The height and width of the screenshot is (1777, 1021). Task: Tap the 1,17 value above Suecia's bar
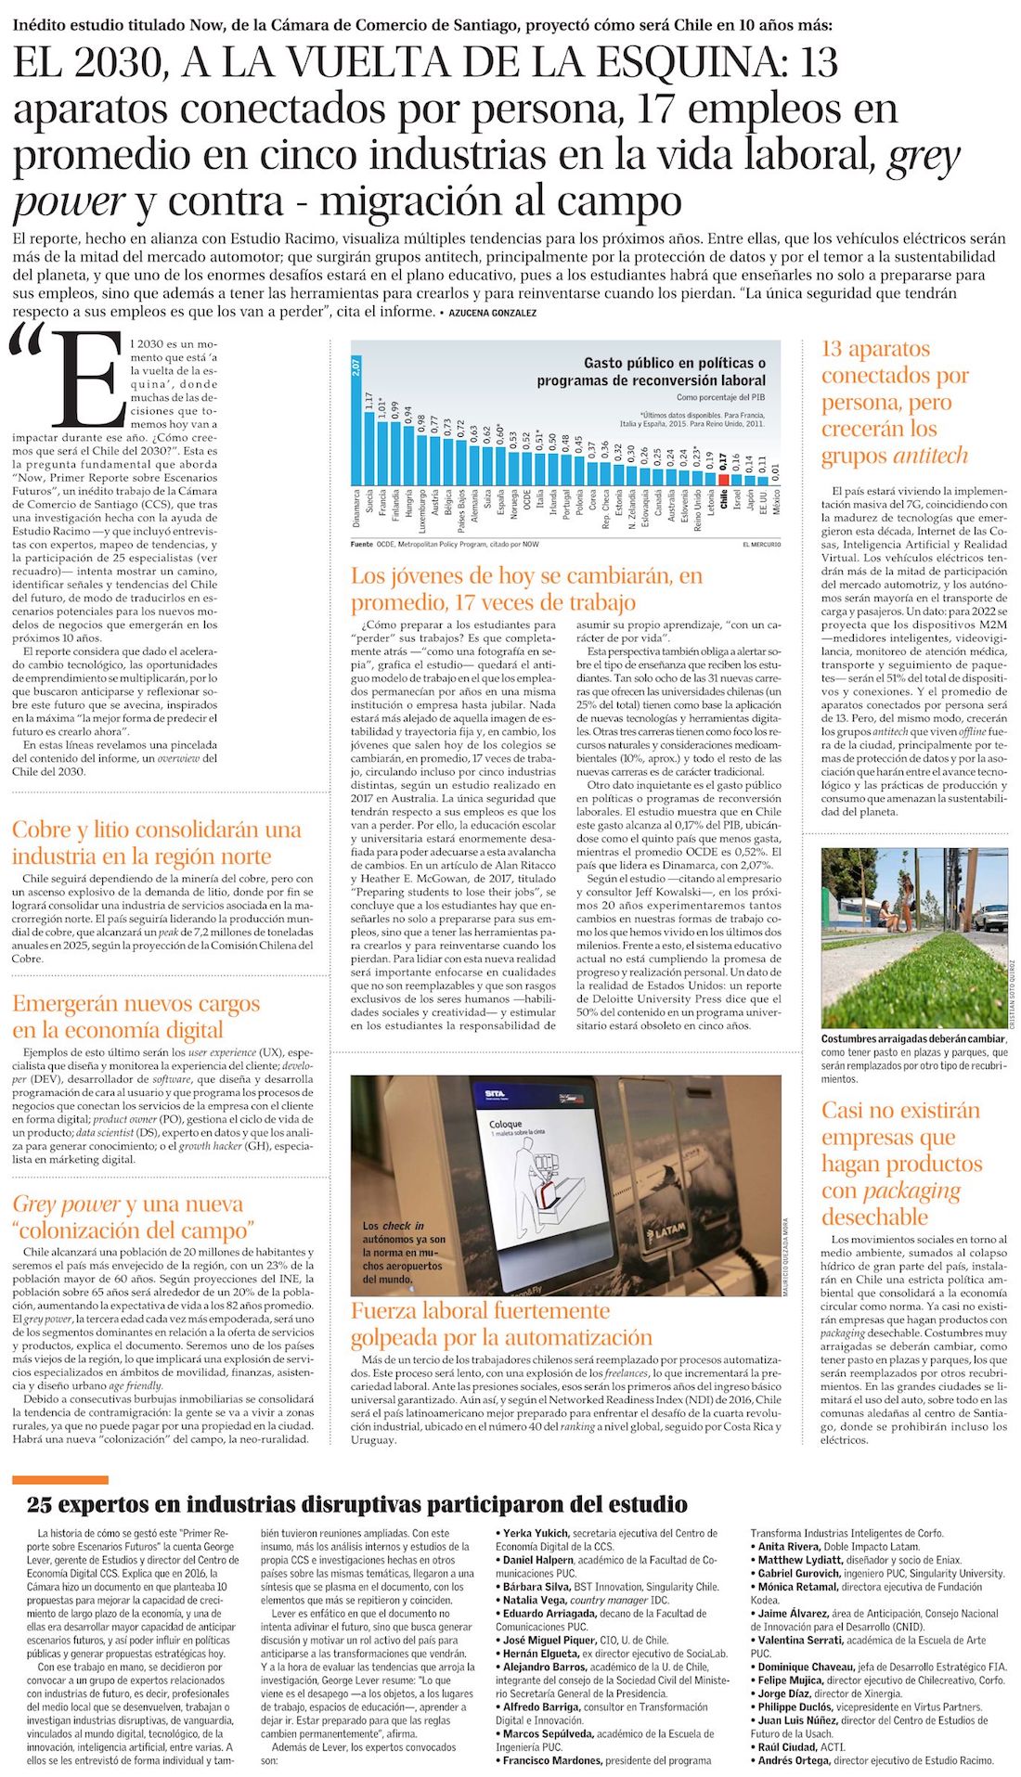pos(369,402)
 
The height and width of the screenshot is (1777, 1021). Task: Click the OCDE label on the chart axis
pos(527,507)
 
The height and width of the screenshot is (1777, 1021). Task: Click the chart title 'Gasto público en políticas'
pos(675,363)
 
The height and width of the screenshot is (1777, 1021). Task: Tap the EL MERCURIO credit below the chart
pos(761,544)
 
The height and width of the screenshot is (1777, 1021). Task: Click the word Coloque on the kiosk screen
pos(506,1125)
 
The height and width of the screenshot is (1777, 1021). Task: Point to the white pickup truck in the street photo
pos(989,916)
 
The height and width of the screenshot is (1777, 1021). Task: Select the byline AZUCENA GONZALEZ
pos(492,313)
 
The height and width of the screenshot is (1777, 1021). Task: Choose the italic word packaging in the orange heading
pos(911,1190)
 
